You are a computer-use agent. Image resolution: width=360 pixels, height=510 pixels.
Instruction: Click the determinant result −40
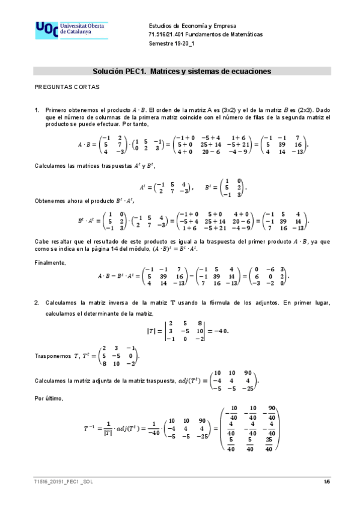(220, 331)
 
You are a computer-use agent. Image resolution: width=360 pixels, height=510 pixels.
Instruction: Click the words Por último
(49, 398)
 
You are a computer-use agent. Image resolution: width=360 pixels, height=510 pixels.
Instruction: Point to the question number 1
(37, 109)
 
